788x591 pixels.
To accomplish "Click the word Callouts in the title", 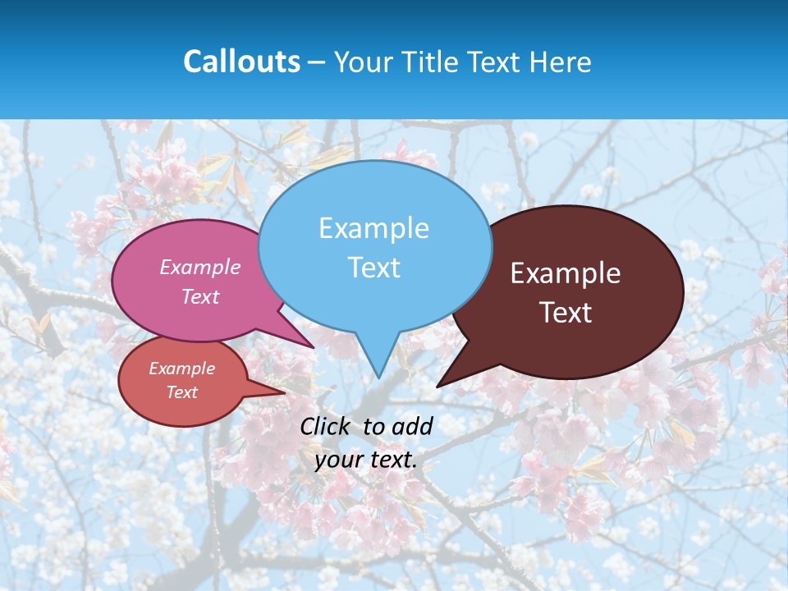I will pyautogui.click(x=241, y=62).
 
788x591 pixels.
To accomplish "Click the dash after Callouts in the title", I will pyautogui.click(x=317, y=62).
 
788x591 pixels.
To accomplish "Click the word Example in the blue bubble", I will pyautogui.click(x=373, y=227).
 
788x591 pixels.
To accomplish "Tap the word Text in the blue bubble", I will pyautogui.click(x=373, y=268).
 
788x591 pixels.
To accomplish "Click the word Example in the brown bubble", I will pyautogui.click(x=566, y=273).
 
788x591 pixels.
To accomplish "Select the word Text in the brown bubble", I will pyautogui.click(x=566, y=313).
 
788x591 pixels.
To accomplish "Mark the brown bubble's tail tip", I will pyautogui.click(x=438, y=385).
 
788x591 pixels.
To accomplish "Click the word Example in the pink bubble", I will pyautogui.click(x=199, y=267).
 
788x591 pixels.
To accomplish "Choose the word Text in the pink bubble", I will pyautogui.click(x=199, y=296).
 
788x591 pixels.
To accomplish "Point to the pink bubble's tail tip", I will pyautogui.click(x=313, y=346).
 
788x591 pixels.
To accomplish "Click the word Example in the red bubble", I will pyautogui.click(x=181, y=369).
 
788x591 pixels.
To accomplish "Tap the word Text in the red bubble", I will pyautogui.click(x=181, y=392).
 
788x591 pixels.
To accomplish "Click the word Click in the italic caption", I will pyautogui.click(x=326, y=426).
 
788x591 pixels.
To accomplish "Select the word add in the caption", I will pyautogui.click(x=412, y=426).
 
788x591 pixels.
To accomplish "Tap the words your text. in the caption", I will pyautogui.click(x=366, y=460).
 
